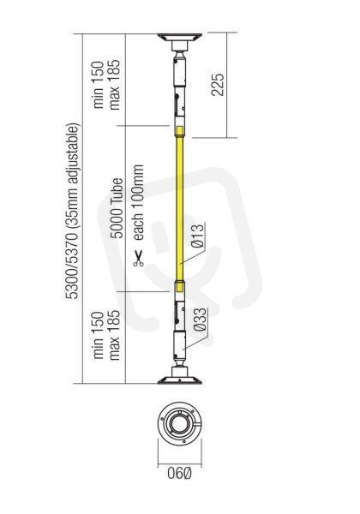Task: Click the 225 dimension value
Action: [x=218, y=85]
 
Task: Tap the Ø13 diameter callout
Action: [x=198, y=236]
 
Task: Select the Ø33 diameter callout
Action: [x=200, y=320]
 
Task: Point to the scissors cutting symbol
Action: [x=138, y=259]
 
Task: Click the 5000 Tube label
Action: [x=117, y=208]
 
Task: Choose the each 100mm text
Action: [x=138, y=203]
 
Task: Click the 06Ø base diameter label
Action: [x=179, y=474]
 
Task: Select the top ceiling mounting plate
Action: [x=180, y=37]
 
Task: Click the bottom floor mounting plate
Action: [x=180, y=380]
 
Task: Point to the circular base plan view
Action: [x=180, y=423]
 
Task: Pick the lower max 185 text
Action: [x=115, y=335]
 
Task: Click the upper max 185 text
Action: [x=115, y=85]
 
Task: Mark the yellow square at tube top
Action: [x=180, y=131]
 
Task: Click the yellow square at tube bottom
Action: [x=180, y=287]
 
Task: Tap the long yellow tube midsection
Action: [x=180, y=209]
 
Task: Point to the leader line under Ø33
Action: [x=196, y=342]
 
